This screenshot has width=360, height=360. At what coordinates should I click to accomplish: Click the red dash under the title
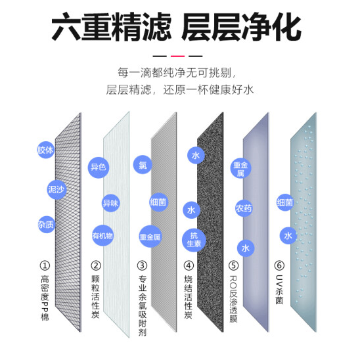(x=177, y=56)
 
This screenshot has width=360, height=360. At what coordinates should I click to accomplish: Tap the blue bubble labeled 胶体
(x=46, y=150)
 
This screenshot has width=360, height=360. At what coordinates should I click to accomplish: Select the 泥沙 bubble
(x=56, y=189)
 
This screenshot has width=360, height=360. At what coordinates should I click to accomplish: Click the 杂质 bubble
(x=46, y=224)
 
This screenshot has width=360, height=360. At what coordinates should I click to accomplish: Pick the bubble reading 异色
(x=99, y=168)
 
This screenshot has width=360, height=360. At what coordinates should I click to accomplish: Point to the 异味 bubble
(x=110, y=203)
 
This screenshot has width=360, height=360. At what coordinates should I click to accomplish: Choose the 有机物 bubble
(x=102, y=235)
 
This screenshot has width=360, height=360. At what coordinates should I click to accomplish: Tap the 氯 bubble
(x=143, y=164)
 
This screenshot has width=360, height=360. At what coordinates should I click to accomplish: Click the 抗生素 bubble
(x=194, y=240)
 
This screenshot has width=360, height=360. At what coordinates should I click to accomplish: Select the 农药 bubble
(x=244, y=208)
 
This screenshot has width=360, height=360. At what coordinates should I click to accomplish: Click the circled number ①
(x=45, y=265)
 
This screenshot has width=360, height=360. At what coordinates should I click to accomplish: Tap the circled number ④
(x=189, y=265)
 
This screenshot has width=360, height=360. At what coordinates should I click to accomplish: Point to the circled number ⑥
(x=279, y=265)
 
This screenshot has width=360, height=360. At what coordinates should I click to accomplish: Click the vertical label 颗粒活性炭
(x=95, y=297)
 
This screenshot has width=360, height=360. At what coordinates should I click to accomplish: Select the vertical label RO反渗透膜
(x=233, y=299)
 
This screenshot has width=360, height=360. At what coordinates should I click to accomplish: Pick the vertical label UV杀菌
(x=279, y=290)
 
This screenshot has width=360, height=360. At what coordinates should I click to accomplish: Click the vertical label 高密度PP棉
(x=45, y=298)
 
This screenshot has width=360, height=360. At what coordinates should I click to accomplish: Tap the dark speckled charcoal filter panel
(x=210, y=222)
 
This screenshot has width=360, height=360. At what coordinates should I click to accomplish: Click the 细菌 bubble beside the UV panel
(x=285, y=202)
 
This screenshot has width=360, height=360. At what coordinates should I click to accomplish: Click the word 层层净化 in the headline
(x=241, y=27)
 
